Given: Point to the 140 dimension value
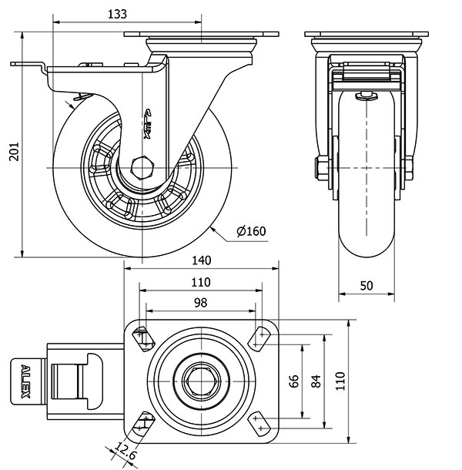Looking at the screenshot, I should pos(201,261).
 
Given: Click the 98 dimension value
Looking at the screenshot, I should pos(200,303).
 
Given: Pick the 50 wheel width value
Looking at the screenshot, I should pos(367,285).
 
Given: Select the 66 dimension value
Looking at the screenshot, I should pos(293,381).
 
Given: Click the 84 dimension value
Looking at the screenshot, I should pos(315,381).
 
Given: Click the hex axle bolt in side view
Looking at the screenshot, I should pos(142,167).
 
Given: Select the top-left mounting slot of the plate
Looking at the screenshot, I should pos(143,337).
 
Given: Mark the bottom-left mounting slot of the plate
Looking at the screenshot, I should pos(143,421).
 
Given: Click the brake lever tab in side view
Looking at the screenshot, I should pos(28,65).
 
